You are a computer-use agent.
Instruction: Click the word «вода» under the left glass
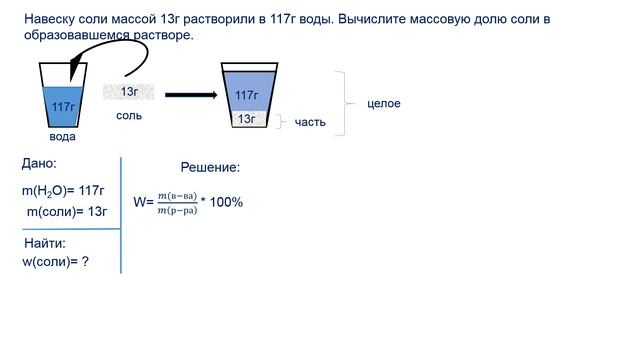pyautogui.click(x=62, y=137)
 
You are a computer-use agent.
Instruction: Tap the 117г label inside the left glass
pyautogui.click(x=63, y=106)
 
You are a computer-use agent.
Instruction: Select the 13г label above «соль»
pyautogui.click(x=130, y=92)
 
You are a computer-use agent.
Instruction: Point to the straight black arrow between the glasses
pyautogui.click(x=190, y=95)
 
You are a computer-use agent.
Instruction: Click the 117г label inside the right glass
pyautogui.click(x=247, y=95)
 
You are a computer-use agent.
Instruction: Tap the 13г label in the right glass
pyautogui.click(x=247, y=119)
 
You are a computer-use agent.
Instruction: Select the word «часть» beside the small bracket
pyautogui.click(x=311, y=122)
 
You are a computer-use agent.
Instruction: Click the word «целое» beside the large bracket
pyautogui.click(x=384, y=103)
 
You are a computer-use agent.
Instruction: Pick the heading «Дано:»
pyautogui.click(x=39, y=163)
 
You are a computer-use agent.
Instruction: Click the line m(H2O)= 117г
pyautogui.click(x=63, y=190)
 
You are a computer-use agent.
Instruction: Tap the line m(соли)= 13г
pyautogui.click(x=66, y=211)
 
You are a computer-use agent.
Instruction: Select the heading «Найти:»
pyautogui.click(x=45, y=243)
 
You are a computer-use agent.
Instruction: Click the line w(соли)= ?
pyautogui.click(x=56, y=261)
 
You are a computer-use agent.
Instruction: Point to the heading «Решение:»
pyautogui.click(x=210, y=168)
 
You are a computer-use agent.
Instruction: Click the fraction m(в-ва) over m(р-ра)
pyautogui.click(x=177, y=202)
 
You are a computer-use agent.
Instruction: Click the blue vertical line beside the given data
pyautogui.click(x=121, y=215)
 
